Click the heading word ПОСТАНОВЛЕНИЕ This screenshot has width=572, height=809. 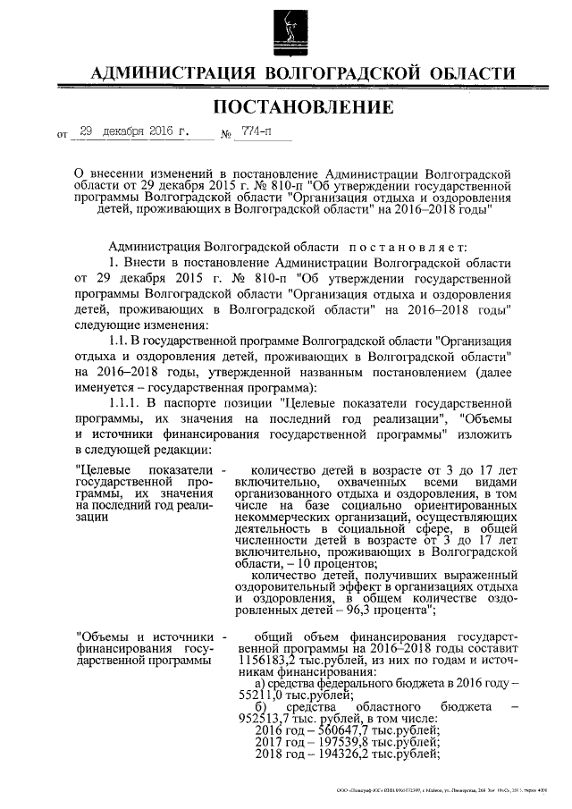click(x=302, y=109)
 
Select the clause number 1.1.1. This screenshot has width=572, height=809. click(x=124, y=404)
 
